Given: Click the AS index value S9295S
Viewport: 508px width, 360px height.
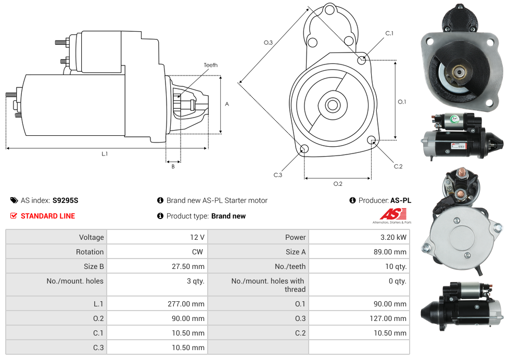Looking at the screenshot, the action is tap(66, 200).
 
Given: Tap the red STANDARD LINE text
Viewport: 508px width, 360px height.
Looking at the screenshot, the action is tap(48, 216).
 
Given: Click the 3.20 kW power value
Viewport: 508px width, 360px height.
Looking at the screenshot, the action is tap(393, 237).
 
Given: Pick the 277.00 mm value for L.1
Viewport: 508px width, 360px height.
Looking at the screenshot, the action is tap(186, 304).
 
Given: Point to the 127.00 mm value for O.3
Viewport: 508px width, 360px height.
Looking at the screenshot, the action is tap(388, 318).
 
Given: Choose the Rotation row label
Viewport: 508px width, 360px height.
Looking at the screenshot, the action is tap(90, 252).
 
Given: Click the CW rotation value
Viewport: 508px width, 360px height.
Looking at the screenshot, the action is tap(197, 252).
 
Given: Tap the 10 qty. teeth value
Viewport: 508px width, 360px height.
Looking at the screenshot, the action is tap(396, 266).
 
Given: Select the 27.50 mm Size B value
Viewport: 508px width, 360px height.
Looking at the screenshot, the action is tap(188, 266).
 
